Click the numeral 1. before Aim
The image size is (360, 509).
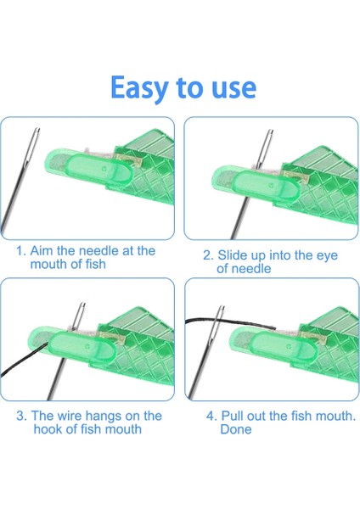coord(21,251)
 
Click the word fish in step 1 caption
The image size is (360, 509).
coord(96,264)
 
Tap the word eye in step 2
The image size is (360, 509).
coord(328,256)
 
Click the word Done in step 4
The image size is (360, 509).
coord(236,429)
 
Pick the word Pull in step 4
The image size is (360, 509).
coord(233,416)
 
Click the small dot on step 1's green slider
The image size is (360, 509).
coord(104,169)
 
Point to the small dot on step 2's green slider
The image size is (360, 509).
coord(271,186)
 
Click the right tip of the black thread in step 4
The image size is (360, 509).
coord(275,328)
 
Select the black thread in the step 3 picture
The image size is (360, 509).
coord(23,361)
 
